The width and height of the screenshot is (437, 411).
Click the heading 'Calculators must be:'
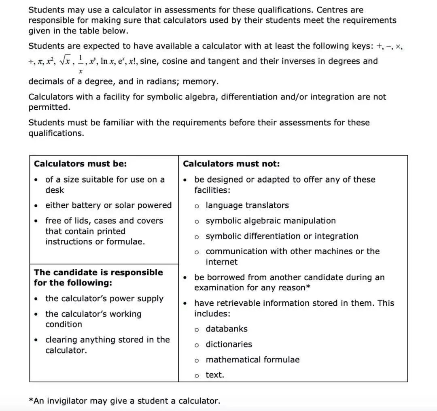pyautogui.click(x=80, y=164)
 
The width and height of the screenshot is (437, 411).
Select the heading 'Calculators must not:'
pyautogui.click(x=231, y=164)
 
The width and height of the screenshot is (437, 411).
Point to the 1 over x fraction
pyautogui.click(x=81, y=65)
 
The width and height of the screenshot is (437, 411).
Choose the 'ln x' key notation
pyautogui.click(x=107, y=62)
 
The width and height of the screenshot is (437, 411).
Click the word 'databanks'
pyautogui.click(x=227, y=329)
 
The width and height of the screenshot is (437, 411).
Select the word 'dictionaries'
pyautogui.click(x=229, y=344)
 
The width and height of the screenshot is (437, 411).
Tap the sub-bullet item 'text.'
pyautogui.click(x=214, y=375)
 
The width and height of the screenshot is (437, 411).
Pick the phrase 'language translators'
pyautogui.click(x=247, y=205)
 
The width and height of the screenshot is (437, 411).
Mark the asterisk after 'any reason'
pyautogui.click(x=308, y=287)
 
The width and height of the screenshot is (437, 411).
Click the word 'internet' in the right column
pyautogui.click(x=221, y=262)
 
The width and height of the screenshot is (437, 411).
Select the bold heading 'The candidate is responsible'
pyautogui.click(x=98, y=273)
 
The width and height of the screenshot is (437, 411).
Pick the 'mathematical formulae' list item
pyautogui.click(x=252, y=360)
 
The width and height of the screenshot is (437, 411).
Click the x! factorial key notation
pyautogui.click(x=132, y=62)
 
